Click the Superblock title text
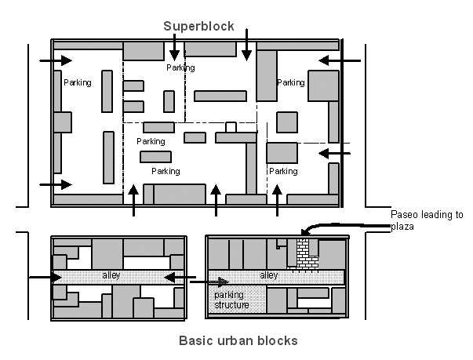[198, 26]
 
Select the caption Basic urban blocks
[238, 340]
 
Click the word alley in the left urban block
[111, 277]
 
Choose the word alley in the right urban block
[268, 277]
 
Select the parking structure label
[231, 300]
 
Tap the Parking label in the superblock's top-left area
[77, 82]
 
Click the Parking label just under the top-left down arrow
[180, 68]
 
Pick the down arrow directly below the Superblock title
[174, 49]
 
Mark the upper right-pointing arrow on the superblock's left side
[56, 60]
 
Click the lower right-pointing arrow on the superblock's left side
[56, 184]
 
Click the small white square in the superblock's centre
[231, 127]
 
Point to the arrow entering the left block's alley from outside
[44, 277]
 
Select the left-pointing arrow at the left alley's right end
[179, 277]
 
